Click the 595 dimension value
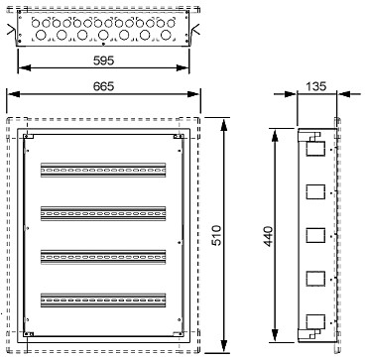point(103,60)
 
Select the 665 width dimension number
point(103,86)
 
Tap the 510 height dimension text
point(216,235)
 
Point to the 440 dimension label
point(268,236)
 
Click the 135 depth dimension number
point(315,86)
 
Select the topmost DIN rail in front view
point(103,170)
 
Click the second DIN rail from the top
point(103,213)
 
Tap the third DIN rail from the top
point(103,257)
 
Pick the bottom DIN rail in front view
point(103,300)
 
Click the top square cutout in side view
point(315,149)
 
